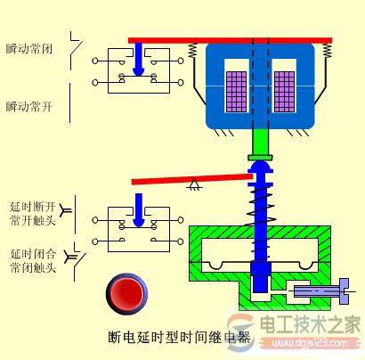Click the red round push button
125,292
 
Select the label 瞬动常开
29,106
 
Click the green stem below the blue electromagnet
262,143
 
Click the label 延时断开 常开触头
31,210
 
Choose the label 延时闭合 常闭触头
31,259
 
